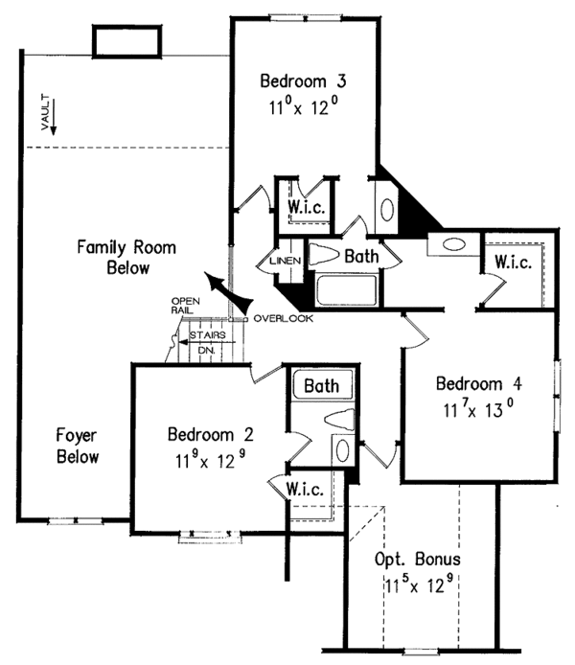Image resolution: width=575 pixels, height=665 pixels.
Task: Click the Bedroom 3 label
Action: [x=301, y=81]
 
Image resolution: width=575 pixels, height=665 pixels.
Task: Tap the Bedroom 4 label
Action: [x=476, y=384]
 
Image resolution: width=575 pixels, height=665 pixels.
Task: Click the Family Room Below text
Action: [x=127, y=258]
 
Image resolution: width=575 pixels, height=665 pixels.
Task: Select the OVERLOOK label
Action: [x=283, y=318]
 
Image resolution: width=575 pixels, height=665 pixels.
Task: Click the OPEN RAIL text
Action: [x=183, y=305]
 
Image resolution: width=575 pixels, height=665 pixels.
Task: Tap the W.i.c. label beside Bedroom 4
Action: [x=513, y=261]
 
